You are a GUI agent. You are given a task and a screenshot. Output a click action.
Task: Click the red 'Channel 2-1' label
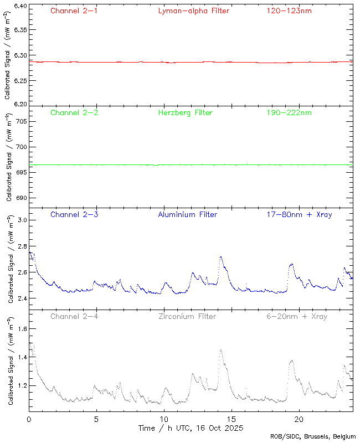point(74,11)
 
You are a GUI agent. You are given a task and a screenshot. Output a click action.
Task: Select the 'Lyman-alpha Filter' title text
point(193,11)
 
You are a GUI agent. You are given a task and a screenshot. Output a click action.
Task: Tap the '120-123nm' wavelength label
point(289,11)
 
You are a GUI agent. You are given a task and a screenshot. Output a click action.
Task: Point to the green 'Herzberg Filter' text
point(185,112)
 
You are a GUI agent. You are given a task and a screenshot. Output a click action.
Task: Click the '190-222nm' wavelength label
point(289,112)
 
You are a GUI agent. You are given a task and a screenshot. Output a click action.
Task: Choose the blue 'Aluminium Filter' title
point(187,214)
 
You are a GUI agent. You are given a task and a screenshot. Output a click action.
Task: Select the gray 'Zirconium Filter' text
point(187,316)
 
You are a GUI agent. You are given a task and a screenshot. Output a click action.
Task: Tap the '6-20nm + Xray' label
point(296,316)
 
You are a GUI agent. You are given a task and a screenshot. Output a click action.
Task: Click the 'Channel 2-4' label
point(74,316)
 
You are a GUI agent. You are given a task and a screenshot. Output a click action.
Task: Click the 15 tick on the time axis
point(232,419)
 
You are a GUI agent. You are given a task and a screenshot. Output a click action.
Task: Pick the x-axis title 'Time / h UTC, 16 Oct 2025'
point(191,428)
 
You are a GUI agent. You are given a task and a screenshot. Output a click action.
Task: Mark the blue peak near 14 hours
point(221,257)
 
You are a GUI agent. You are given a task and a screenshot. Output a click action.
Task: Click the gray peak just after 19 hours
point(292,360)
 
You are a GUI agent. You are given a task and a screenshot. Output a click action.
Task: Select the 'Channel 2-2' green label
point(74,112)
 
